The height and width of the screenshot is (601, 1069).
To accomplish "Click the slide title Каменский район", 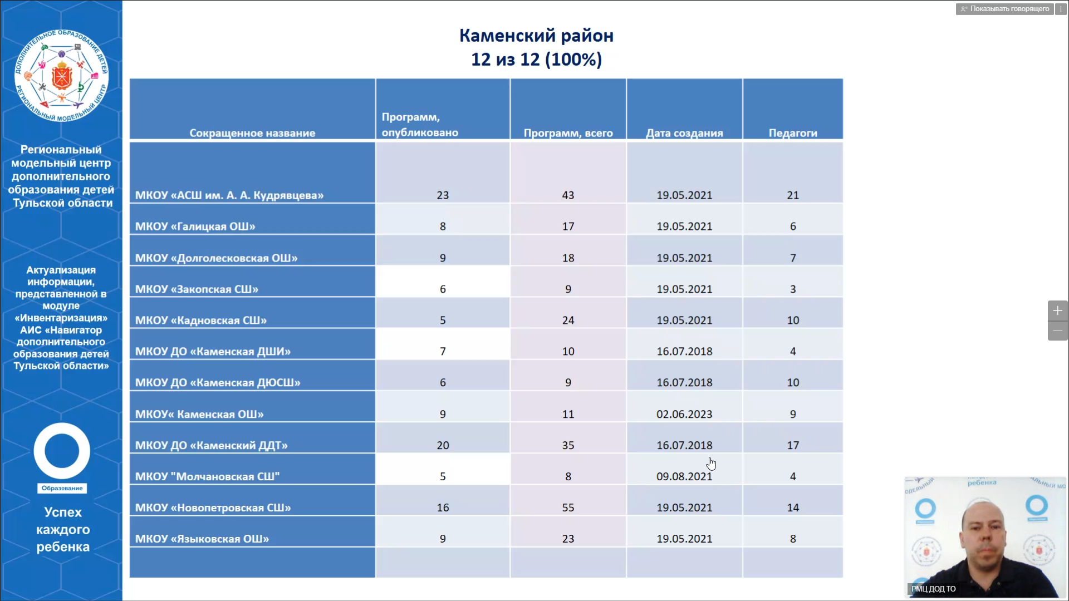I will point(536,36).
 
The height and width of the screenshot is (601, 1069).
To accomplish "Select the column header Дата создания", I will point(684,133).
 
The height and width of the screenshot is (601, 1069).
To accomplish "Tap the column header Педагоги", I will point(793,133).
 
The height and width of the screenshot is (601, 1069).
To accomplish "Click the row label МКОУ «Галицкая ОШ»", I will point(195,226).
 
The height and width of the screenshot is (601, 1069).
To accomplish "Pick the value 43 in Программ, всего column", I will point(568,195).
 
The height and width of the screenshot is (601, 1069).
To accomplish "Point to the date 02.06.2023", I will point(684,414).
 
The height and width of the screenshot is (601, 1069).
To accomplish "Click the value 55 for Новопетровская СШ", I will point(568,508).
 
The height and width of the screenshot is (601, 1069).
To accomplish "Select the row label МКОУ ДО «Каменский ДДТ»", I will point(211,445).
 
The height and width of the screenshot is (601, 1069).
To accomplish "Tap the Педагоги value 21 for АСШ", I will point(793,195).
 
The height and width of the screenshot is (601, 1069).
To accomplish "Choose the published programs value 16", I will point(443,508).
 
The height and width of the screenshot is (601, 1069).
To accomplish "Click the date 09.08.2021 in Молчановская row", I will point(684,476).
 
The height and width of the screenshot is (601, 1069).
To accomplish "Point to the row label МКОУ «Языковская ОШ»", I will point(202,539).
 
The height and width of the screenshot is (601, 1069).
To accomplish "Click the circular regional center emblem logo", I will point(61,76).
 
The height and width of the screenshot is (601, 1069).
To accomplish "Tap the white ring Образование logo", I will point(62,452).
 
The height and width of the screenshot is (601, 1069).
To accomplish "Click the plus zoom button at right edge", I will point(1057,311).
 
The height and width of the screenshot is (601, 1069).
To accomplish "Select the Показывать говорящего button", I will point(1005,9).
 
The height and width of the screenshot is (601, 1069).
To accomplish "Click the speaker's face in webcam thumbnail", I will point(984,534).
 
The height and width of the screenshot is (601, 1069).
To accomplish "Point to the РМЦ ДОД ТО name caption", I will point(933,589).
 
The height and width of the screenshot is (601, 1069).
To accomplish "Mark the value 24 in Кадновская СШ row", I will point(568,320).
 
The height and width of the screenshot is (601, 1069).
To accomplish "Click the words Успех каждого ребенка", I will point(63,529).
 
